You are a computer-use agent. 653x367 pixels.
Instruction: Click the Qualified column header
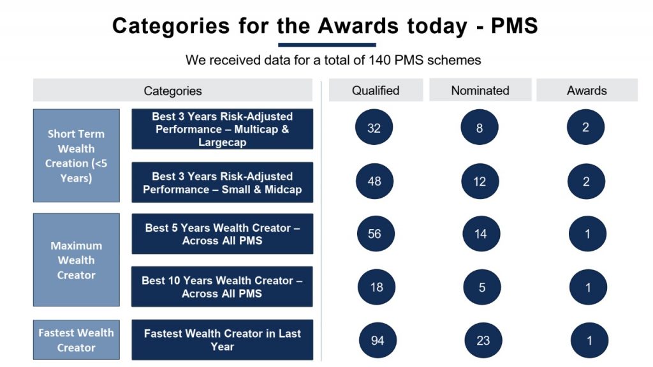[376, 90]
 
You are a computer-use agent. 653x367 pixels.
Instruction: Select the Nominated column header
[480, 90]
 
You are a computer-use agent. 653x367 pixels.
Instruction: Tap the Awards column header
[587, 90]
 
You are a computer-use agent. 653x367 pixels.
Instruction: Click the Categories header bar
[172, 90]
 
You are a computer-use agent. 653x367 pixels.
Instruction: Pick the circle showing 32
[374, 127]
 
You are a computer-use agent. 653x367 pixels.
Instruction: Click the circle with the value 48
[374, 181]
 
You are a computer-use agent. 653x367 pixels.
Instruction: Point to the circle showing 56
[375, 234]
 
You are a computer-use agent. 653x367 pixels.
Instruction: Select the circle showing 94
[378, 340]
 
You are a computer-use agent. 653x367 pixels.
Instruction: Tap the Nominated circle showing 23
[483, 340]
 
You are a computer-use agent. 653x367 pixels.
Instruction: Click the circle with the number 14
[481, 234]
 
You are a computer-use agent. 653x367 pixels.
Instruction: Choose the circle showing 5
[482, 287]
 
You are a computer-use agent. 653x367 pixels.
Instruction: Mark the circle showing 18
[376, 287]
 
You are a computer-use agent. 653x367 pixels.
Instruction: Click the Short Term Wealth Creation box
[77, 156]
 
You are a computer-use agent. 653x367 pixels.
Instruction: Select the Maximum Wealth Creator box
[77, 260]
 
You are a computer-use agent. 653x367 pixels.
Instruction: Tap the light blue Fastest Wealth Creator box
[77, 340]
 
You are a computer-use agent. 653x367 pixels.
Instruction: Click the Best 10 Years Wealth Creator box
[222, 287]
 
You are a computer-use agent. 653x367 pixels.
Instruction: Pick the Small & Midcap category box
[222, 183]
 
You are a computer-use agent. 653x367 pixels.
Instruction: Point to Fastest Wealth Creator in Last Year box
[222, 340]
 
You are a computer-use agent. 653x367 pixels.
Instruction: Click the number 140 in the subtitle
[379, 60]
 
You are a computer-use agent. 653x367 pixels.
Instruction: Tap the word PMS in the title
[515, 26]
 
